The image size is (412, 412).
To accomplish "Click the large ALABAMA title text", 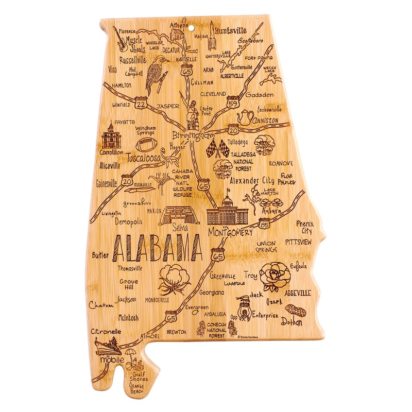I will coord(156,249).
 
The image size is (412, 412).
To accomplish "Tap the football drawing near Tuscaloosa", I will coord(146,144).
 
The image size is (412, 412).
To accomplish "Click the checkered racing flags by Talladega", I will coord(217,148).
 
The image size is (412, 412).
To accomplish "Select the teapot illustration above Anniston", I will coord(245,117).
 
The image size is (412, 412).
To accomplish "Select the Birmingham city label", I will coord(193,135).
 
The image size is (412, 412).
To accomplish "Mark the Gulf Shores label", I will coord(139,375).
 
